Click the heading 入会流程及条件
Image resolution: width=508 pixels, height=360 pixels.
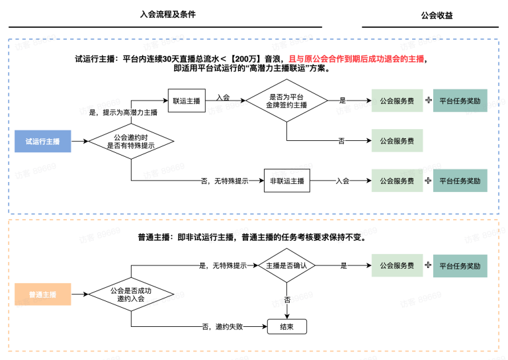pos(168,14)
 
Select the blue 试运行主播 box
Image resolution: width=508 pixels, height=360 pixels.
pos(42,141)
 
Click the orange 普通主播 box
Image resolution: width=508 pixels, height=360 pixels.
pos(42,294)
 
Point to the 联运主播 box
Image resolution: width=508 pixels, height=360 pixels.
pos(187,101)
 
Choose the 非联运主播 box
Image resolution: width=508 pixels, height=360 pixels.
pos(288,181)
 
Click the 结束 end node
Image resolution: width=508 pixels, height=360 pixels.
pos(287,326)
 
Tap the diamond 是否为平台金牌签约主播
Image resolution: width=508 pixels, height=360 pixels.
pos(287,101)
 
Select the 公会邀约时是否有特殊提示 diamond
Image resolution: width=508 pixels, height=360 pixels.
pos(131,142)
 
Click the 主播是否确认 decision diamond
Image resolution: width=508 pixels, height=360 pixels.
pos(286,265)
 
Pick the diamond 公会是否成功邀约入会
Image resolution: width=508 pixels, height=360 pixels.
pos(131,294)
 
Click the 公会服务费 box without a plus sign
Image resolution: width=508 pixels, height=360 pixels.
pos(397,141)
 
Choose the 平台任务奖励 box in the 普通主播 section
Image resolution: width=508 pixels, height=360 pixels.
pos(460,265)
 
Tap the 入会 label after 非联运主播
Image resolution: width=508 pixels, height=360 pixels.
pos(342,181)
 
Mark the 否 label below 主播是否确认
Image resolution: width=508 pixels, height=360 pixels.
pos(287,300)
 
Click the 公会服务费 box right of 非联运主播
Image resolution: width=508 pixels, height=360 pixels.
pos(397,181)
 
